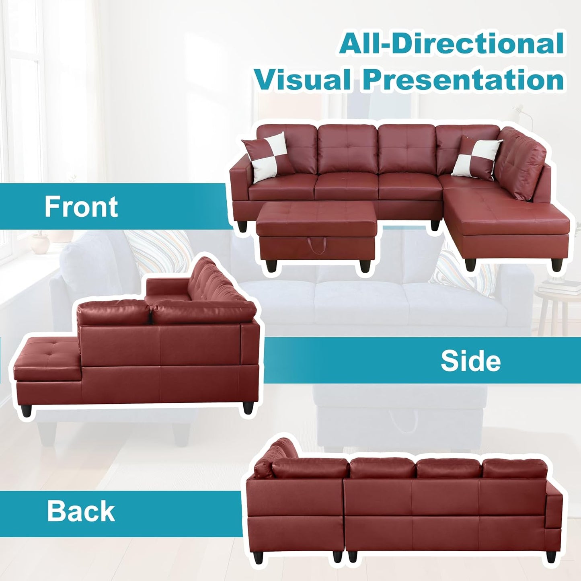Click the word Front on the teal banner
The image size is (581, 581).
(x=81, y=207)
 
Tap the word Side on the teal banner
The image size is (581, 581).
(x=470, y=361)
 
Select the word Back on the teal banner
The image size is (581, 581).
(x=81, y=511)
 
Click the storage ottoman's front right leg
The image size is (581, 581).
(x=365, y=266)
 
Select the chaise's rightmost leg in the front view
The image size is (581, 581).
(x=557, y=264)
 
